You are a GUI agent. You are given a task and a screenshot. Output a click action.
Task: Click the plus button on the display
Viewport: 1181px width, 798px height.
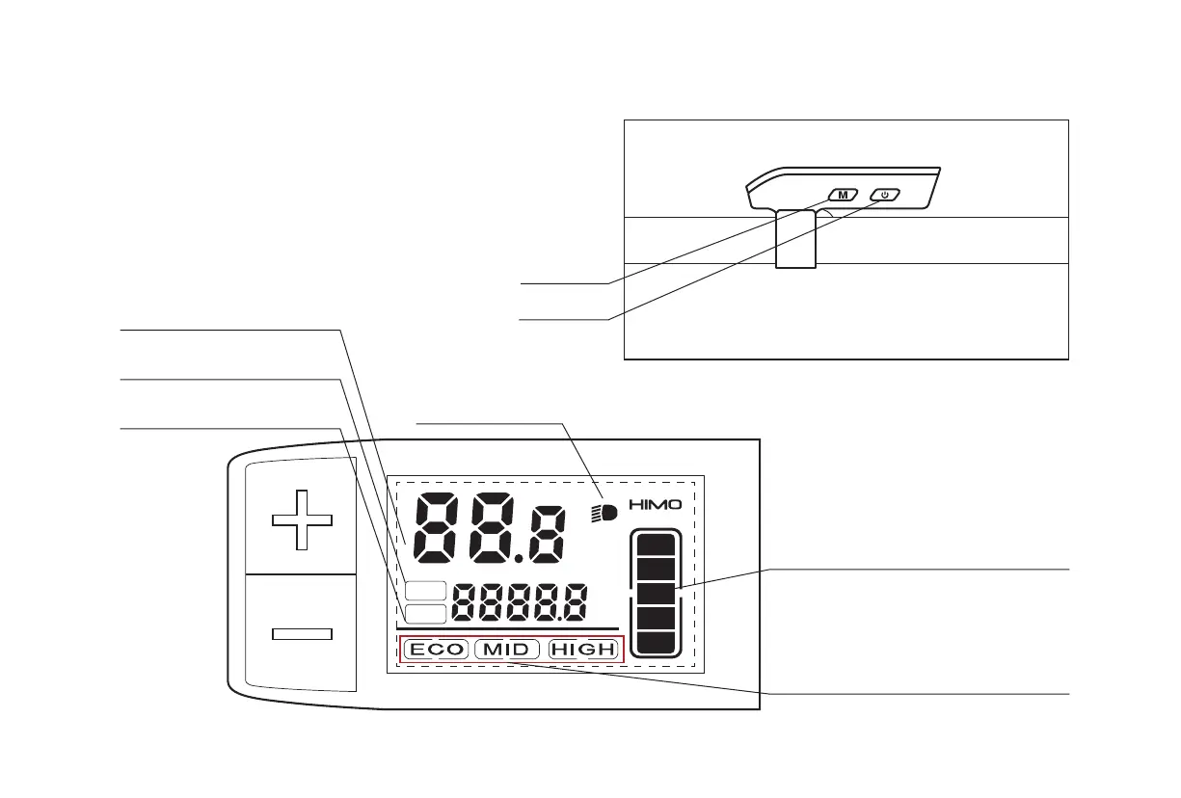[302, 519]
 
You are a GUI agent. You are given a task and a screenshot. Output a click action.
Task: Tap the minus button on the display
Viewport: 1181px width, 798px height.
[302, 633]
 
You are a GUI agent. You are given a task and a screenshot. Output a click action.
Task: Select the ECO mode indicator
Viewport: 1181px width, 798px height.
[436, 650]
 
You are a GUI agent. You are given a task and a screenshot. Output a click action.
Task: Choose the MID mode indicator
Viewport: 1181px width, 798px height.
[505, 650]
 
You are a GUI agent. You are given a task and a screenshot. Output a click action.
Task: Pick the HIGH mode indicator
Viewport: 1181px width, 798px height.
[582, 650]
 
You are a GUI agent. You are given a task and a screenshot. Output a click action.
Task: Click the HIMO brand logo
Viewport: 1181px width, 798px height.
[656, 504]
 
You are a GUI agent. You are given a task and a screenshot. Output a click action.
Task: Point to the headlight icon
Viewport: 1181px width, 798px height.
[604, 514]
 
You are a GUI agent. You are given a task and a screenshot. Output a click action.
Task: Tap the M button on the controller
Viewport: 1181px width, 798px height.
[843, 195]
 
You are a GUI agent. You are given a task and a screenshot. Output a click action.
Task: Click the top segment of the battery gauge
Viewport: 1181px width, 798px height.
[656, 546]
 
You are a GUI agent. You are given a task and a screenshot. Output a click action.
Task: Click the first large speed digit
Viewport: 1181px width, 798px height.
[441, 530]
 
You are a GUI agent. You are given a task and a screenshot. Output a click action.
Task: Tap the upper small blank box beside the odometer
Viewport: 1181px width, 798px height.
[425, 592]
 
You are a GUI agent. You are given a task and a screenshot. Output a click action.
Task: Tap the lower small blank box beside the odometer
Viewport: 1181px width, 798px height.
[425, 613]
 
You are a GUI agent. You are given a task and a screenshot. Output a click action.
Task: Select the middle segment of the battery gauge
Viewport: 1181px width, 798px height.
[656, 593]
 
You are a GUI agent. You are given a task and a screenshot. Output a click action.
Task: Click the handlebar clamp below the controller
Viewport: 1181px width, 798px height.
[796, 238]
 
